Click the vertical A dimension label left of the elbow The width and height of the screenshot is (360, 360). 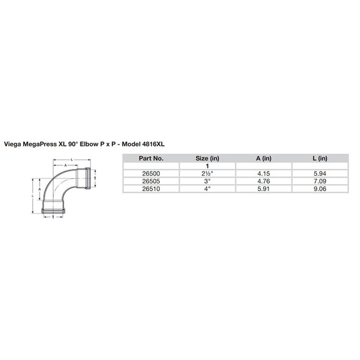pos(40,189)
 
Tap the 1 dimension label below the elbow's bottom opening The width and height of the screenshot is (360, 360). pos(54,217)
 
